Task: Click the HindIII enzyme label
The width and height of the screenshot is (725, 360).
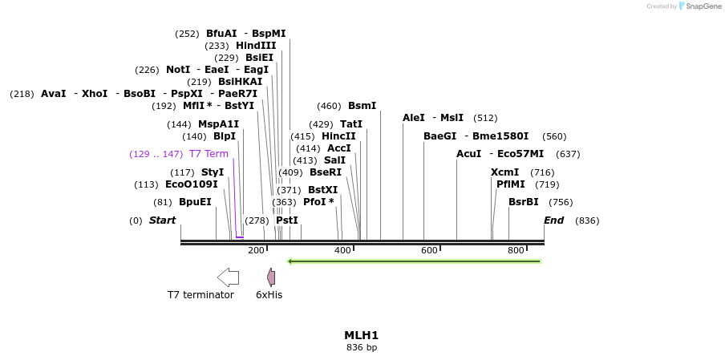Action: (256, 46)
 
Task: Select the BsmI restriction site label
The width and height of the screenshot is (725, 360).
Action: (362, 106)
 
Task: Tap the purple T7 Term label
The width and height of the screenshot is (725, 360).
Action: (209, 154)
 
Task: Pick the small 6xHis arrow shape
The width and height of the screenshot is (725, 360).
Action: (271, 277)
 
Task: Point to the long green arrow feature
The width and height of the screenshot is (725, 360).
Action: (414, 261)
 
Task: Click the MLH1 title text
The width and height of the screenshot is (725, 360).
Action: (361, 335)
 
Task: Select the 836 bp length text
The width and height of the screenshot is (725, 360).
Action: (361, 347)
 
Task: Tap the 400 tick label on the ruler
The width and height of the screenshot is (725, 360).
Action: (342, 251)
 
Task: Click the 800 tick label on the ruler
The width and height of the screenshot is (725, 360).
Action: (516, 251)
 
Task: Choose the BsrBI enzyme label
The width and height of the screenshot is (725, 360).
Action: (524, 202)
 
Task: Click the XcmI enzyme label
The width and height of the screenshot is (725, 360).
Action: (504, 172)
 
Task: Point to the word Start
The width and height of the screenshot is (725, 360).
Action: (162, 220)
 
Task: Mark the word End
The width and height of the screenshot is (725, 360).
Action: (553, 220)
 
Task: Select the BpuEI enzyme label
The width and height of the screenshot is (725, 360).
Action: (195, 202)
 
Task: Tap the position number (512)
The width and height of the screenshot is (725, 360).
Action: (485, 118)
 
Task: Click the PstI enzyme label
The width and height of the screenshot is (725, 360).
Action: (286, 220)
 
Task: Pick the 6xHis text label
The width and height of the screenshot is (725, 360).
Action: (269, 295)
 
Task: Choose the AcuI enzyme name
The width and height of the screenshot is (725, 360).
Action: (468, 154)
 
